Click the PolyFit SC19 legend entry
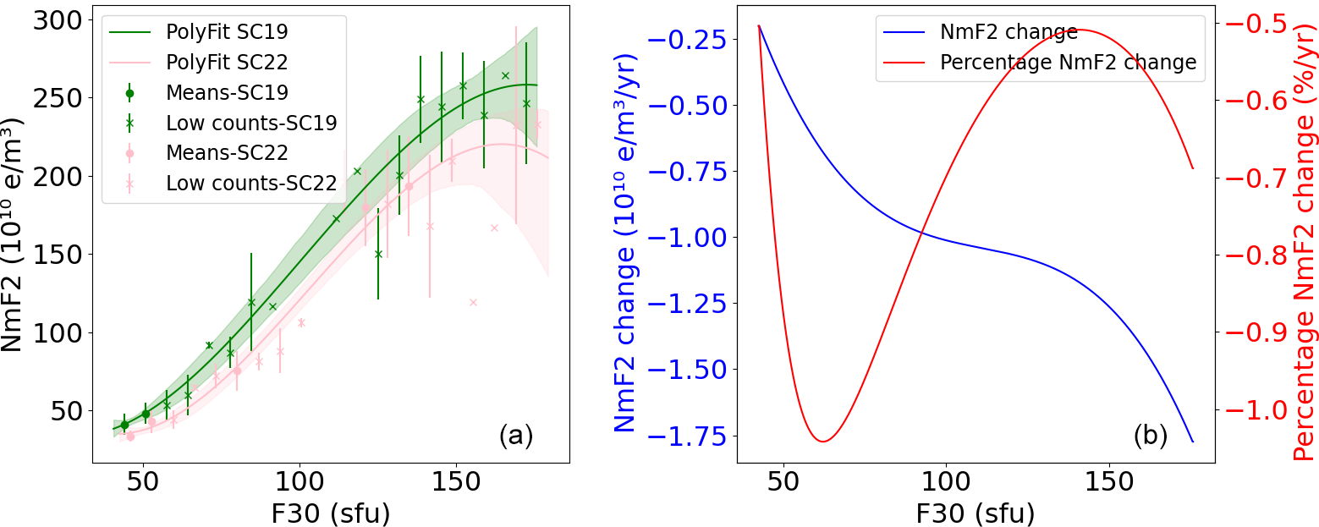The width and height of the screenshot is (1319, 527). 227,32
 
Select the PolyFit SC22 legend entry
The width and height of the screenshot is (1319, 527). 227,63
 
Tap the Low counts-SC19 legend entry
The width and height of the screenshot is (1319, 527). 251,123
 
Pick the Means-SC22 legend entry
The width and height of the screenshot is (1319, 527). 227,153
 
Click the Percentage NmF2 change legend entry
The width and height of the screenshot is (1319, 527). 1068,63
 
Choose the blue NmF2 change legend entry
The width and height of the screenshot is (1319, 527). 1008,32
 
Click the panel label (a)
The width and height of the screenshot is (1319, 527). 515,436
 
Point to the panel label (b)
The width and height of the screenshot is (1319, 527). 1150,436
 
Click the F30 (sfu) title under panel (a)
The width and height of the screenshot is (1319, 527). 330,513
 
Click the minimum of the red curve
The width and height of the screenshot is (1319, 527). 822,442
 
